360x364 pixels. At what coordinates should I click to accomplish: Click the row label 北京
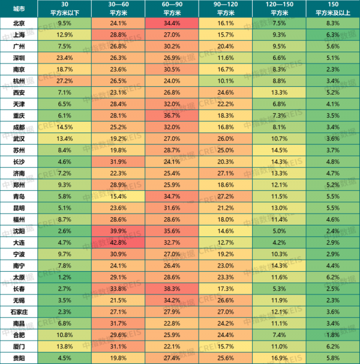(x=19, y=23)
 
